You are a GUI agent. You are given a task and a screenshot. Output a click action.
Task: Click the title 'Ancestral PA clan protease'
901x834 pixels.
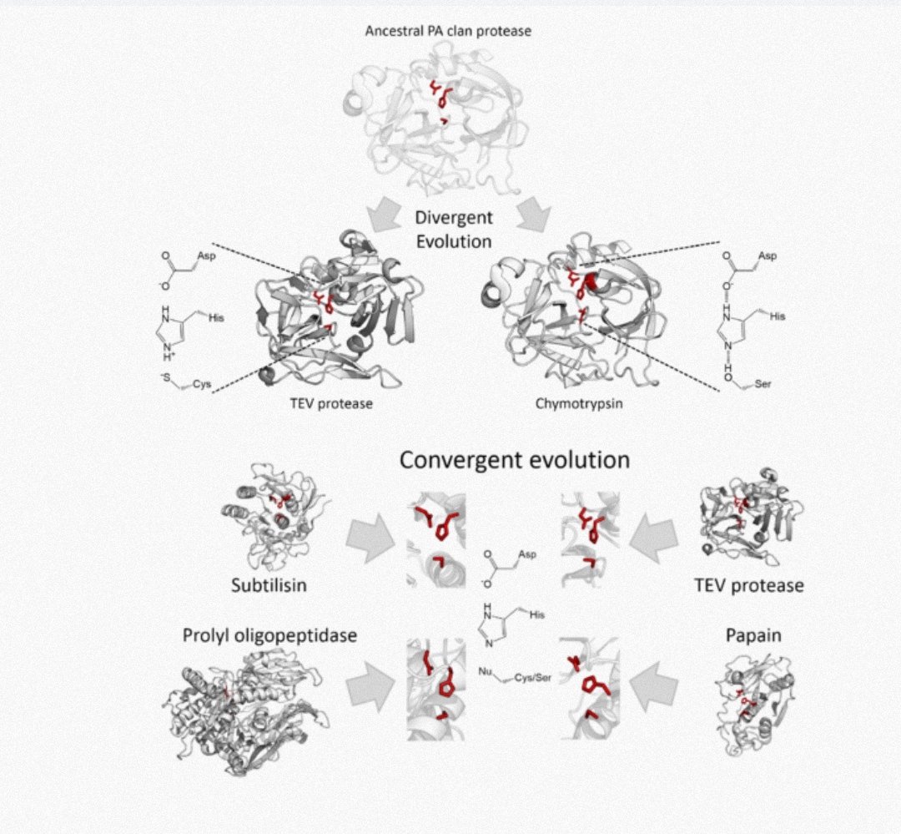coord(448,32)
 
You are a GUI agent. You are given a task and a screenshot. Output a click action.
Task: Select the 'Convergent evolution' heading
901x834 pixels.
coord(513,460)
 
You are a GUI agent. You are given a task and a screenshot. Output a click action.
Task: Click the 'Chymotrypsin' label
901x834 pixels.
coord(569,403)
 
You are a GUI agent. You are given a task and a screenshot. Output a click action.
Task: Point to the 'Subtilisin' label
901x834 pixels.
coord(269,584)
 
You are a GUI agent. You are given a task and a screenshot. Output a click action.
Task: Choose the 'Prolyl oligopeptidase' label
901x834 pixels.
coord(269,636)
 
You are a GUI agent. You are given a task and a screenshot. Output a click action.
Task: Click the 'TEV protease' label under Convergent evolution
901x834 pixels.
coord(748,585)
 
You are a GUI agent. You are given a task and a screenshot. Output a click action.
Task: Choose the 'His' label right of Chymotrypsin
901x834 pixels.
coord(777,317)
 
